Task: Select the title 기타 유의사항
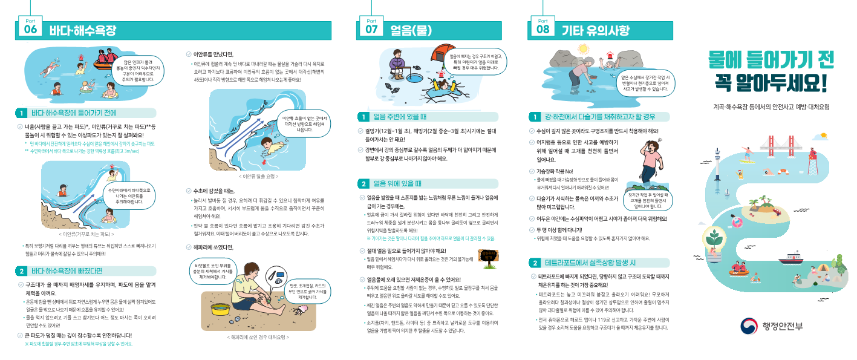(596, 30)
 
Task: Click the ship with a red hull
(790, 258)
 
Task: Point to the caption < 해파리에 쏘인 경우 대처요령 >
(257, 337)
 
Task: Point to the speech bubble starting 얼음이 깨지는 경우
(474, 62)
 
